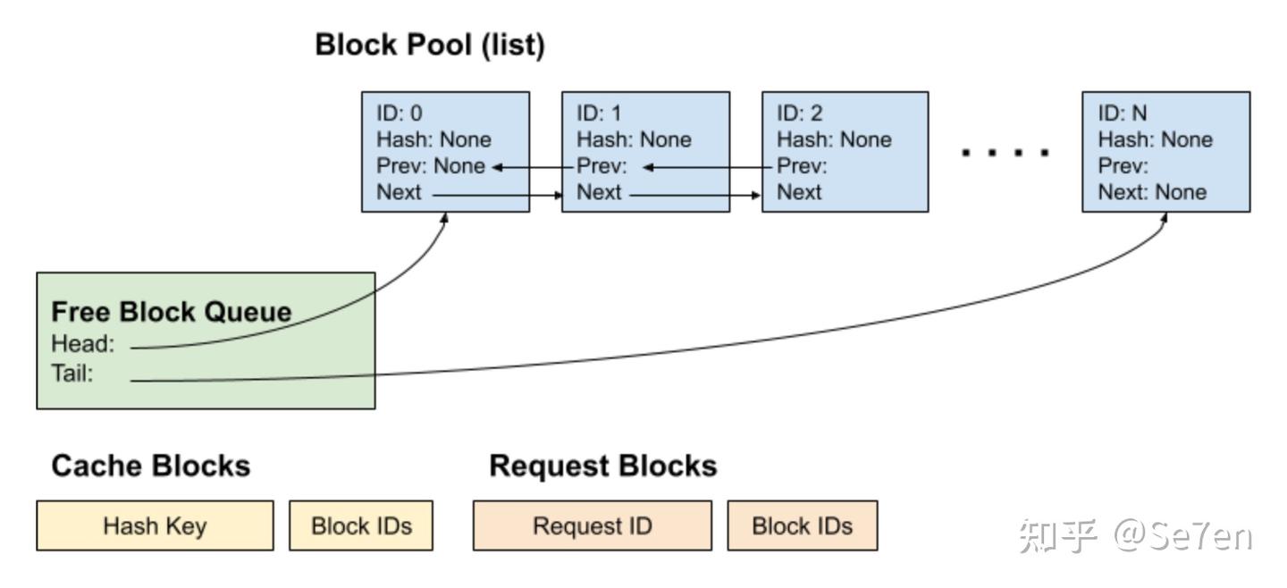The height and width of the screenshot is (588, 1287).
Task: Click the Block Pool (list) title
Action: coord(429,46)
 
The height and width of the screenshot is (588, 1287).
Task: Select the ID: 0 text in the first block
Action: coord(400,113)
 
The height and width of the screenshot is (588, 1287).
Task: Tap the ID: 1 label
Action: coord(599,113)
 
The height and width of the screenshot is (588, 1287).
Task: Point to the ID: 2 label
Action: coord(800,113)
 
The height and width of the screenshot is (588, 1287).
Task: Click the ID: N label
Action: coord(1123,113)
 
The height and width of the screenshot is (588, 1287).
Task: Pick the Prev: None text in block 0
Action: coord(431,166)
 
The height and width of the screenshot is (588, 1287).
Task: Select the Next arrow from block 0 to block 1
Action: coord(496,193)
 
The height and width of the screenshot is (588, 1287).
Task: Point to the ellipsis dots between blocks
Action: coord(1005,153)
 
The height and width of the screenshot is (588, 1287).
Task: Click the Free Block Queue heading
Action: coord(172,312)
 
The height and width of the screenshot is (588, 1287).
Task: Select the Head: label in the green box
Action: coord(83,344)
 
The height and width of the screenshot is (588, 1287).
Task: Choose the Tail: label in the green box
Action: coord(72,374)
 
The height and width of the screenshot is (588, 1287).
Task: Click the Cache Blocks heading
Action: coord(150,466)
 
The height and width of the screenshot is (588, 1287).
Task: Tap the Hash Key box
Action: coord(155,525)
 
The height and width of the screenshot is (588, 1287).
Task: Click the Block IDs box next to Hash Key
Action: coord(361,525)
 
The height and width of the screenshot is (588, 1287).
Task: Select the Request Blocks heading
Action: coord(602,466)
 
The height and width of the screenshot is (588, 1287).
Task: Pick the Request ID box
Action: coord(592,525)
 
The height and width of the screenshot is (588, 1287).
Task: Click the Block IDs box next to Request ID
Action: coord(802,525)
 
